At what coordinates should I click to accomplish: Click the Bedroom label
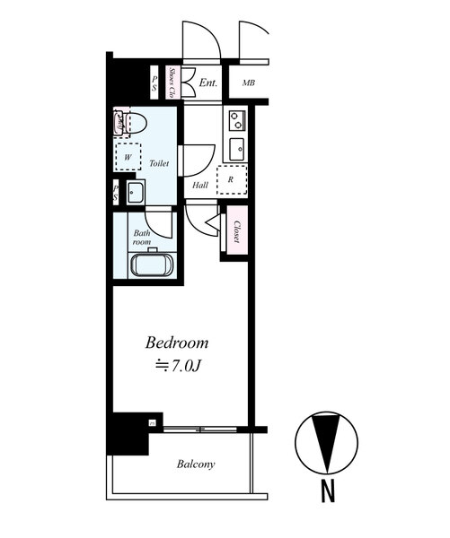tap(177, 343)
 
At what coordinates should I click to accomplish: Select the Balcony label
tap(196, 464)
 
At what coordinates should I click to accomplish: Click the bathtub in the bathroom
tap(152, 265)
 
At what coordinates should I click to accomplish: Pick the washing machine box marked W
tap(128, 157)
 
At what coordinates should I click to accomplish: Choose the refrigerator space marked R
tap(232, 180)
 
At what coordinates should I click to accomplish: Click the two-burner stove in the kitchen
tap(237, 120)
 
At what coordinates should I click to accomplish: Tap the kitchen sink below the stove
tap(237, 149)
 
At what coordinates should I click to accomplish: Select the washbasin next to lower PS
tap(136, 193)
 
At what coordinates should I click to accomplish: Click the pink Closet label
tap(236, 231)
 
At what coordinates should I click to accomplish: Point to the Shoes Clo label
tap(172, 82)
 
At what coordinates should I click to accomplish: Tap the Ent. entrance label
tap(208, 82)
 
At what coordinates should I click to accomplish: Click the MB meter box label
tap(248, 82)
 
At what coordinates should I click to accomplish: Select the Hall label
tap(200, 186)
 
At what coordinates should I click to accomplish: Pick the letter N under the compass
tap(328, 490)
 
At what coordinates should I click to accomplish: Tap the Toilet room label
tap(159, 163)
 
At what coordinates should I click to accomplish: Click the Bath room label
tap(142, 237)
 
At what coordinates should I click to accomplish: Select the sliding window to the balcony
tap(200, 429)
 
